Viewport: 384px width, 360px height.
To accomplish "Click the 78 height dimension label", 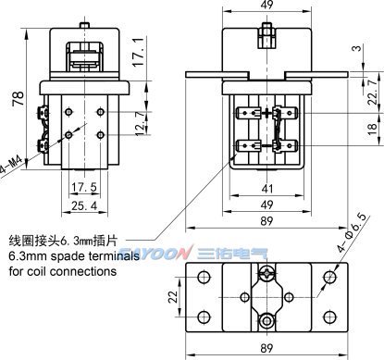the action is coord(19,98).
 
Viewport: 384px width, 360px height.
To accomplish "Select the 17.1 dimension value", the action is coord(139,52).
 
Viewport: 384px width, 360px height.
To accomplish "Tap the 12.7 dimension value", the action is coord(141,123).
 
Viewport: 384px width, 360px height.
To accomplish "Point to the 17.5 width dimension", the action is coord(84,187).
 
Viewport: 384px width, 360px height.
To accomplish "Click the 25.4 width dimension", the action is coord(84,205).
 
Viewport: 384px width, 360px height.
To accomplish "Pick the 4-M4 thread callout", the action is coord(11,165).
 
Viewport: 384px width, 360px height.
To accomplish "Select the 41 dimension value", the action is coord(267,189).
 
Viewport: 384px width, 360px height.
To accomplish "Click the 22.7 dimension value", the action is coord(373,92).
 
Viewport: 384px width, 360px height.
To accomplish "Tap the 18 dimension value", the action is coord(373,128).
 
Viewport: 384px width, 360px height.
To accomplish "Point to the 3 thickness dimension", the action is coord(356,49).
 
